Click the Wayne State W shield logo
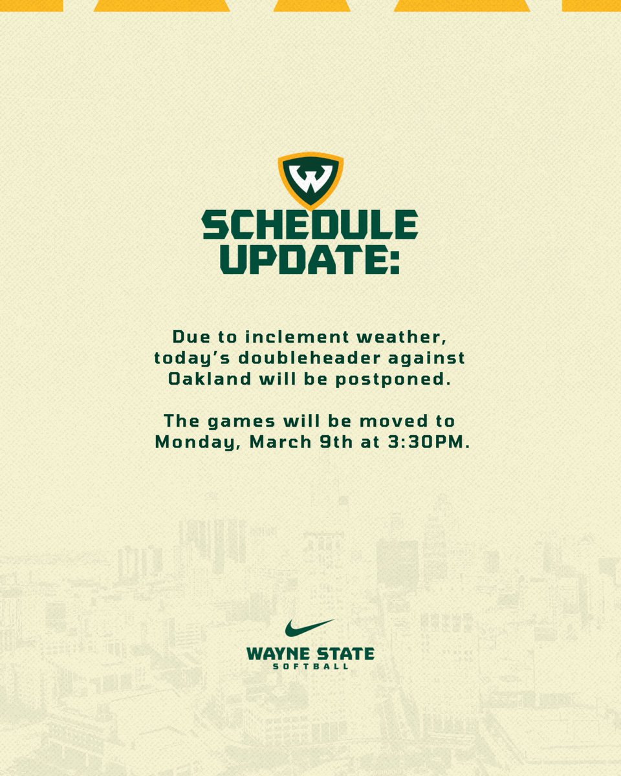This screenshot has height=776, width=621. click(310, 180)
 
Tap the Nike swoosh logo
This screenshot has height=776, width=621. click(310, 628)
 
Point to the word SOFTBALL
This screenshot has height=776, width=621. click(310, 667)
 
